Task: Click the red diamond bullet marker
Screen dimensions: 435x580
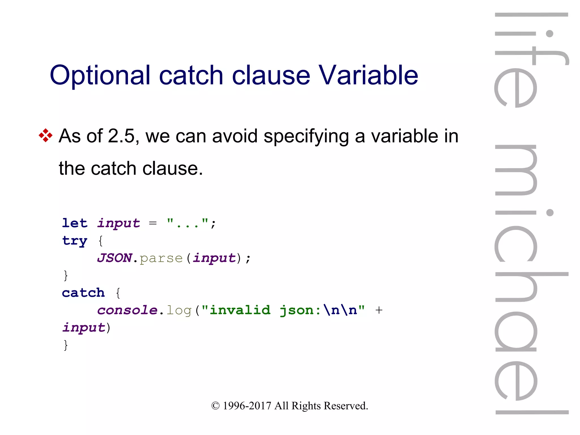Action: click(46, 136)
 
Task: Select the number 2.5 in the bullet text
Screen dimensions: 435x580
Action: click(121, 136)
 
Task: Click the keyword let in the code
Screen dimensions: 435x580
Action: click(75, 223)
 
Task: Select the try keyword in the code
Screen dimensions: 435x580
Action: click(75, 241)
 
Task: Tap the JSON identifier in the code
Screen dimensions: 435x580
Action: click(114, 258)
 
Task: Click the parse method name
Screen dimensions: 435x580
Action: click(161, 258)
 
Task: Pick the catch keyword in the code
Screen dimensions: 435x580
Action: click(83, 293)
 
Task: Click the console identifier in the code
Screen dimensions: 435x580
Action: click(127, 310)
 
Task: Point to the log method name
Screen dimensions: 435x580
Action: click(179, 310)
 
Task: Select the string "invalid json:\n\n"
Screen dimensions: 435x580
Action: click(283, 310)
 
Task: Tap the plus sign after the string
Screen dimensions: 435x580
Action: click(379, 310)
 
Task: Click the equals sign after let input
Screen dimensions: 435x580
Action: click(153, 223)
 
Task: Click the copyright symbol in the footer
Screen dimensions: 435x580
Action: click(215, 406)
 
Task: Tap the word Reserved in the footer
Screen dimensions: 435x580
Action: click(346, 406)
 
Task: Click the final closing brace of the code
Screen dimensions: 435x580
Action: click(66, 345)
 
